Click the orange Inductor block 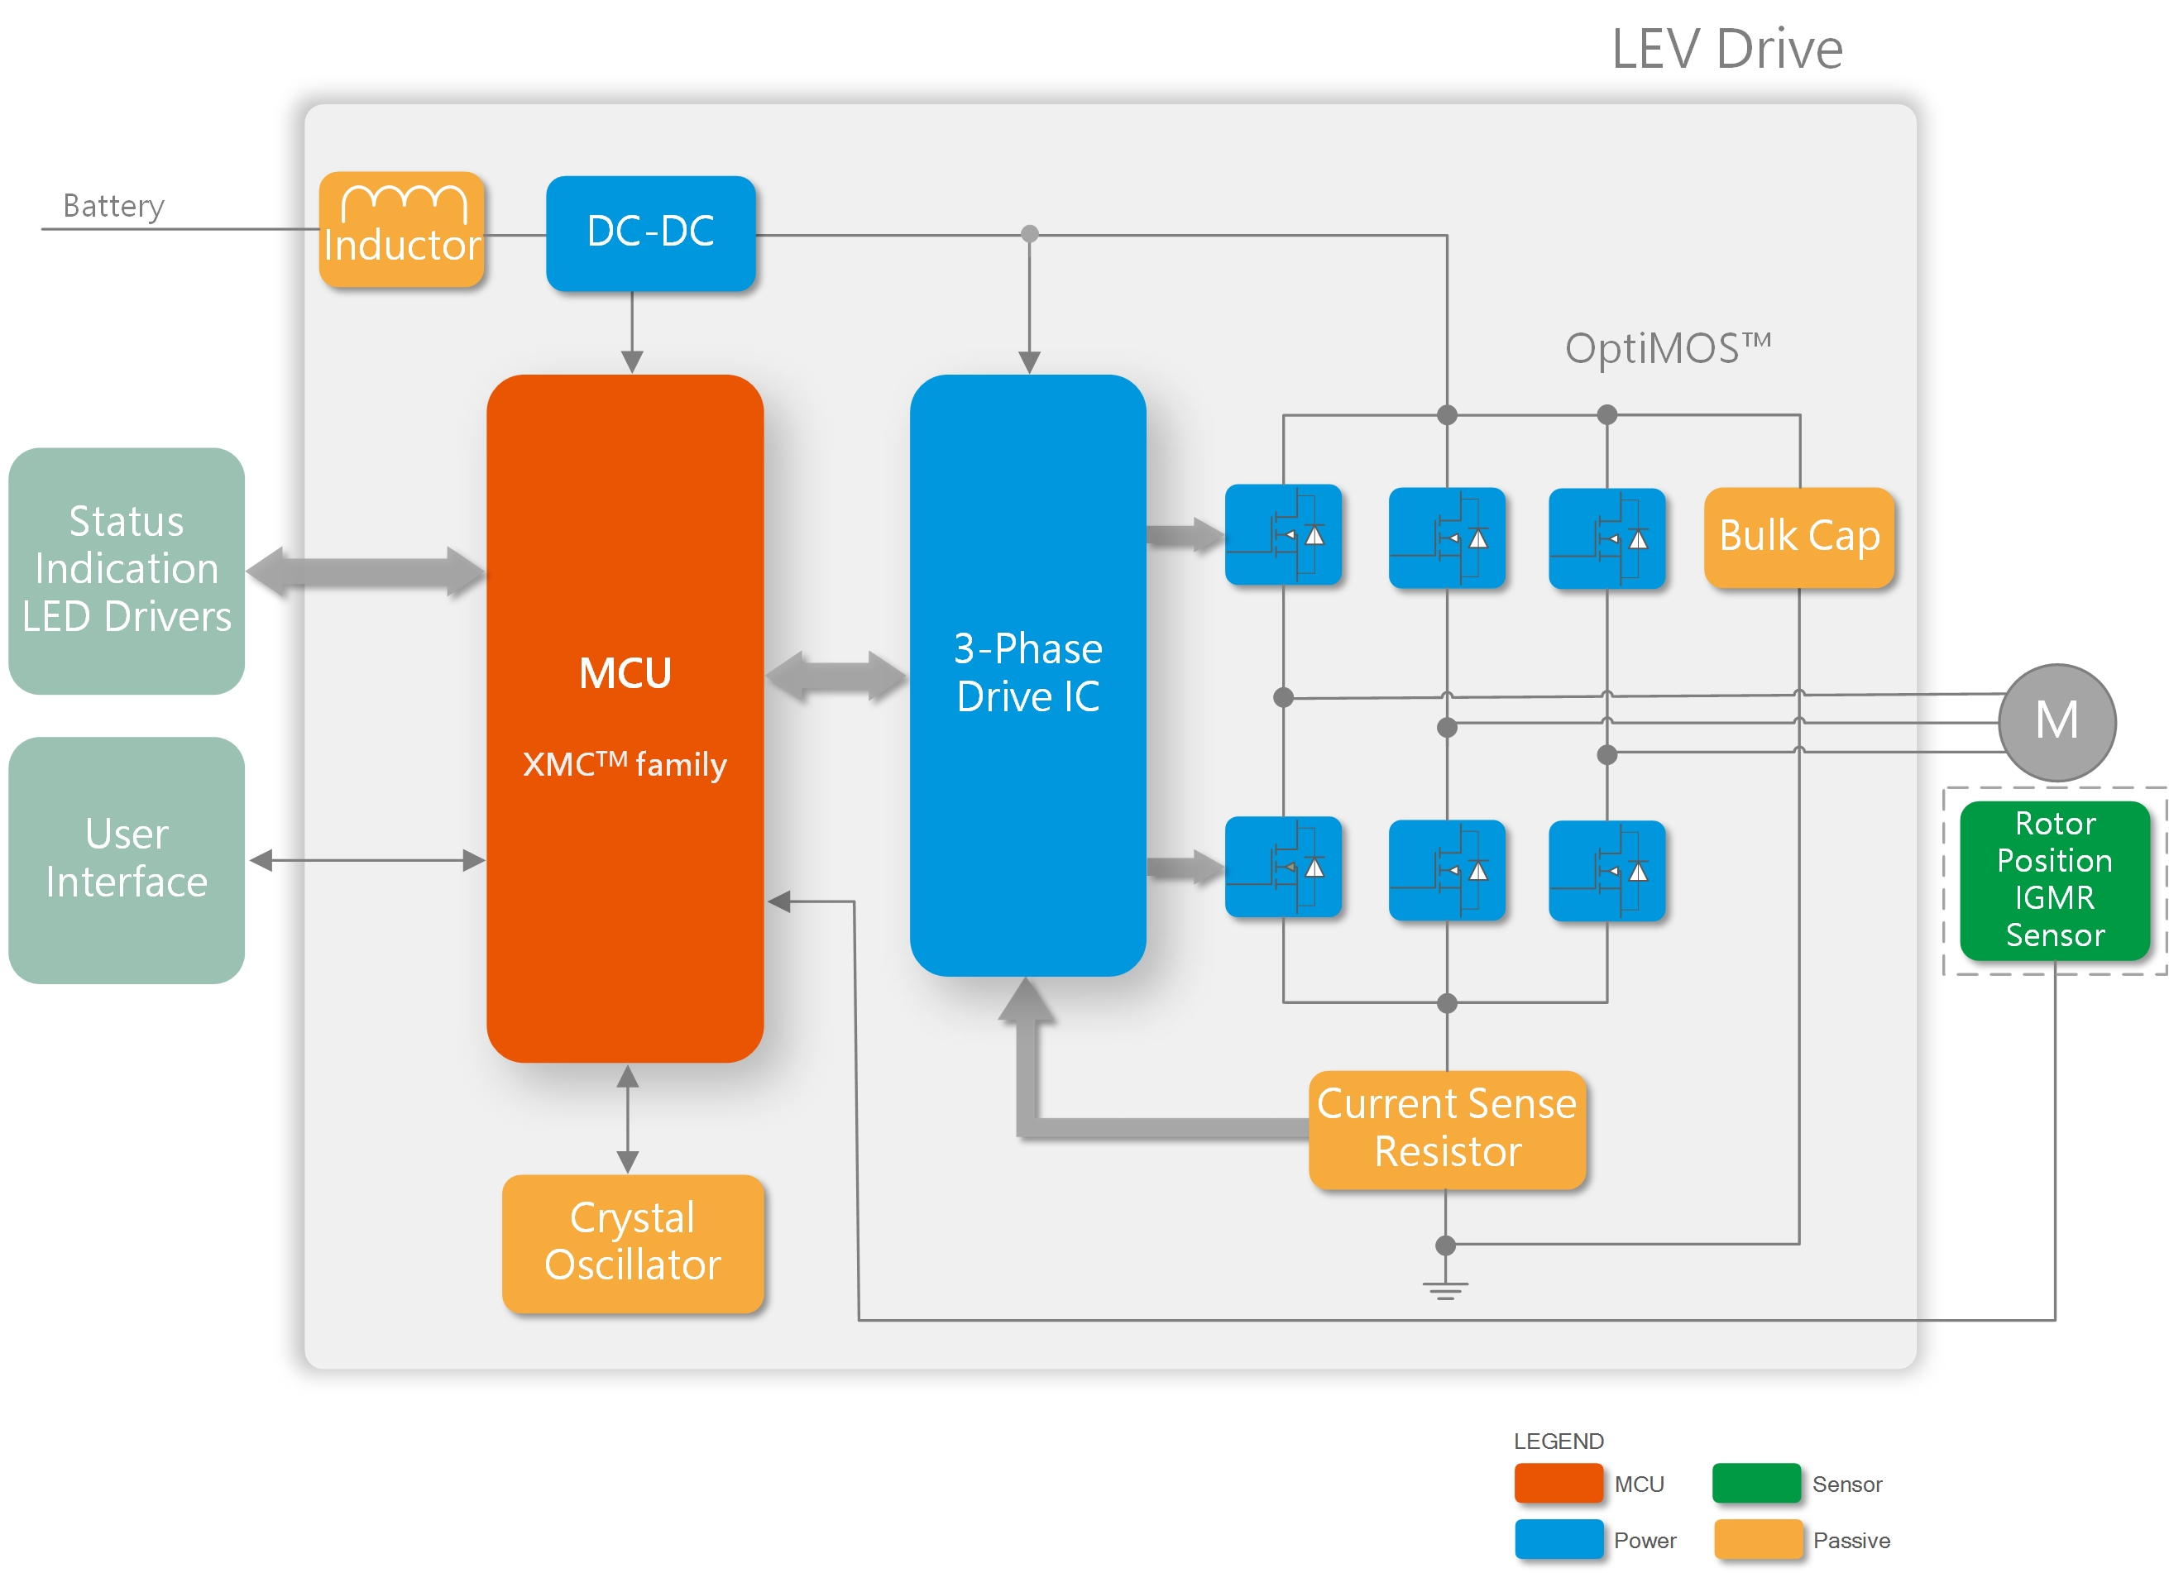point(402,229)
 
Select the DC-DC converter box point(650,232)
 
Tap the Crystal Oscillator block point(632,1242)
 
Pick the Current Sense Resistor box point(1446,1128)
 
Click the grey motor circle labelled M point(2056,721)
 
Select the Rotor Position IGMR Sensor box point(2054,880)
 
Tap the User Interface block point(127,858)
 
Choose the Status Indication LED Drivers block point(127,570)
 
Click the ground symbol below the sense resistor point(1445,1290)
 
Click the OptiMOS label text point(1667,347)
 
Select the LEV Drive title point(1726,49)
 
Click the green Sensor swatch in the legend point(1756,1483)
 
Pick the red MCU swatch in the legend point(1558,1483)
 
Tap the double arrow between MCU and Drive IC point(836,676)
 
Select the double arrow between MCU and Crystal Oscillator point(627,1118)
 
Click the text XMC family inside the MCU point(625,764)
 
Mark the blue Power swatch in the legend point(1558,1538)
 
